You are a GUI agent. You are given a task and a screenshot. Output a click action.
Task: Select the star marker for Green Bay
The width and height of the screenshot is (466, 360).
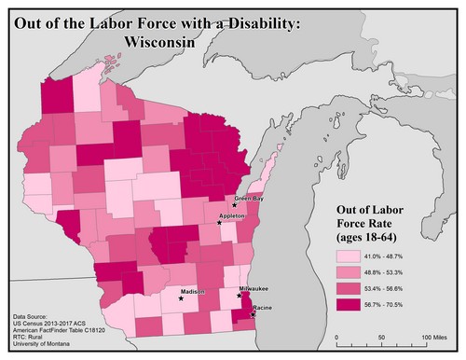click(x=234, y=204)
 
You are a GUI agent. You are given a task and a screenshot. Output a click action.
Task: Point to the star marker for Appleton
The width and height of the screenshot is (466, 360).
click(x=220, y=223)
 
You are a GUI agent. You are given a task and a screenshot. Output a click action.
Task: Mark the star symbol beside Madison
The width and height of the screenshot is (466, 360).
click(x=181, y=299)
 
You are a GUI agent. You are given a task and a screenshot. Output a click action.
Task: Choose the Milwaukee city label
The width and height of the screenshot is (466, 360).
click(x=254, y=290)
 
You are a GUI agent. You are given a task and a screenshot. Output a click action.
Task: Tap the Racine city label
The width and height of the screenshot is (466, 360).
click(x=262, y=308)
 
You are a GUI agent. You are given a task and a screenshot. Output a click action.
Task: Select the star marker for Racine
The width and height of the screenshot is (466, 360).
click(x=253, y=315)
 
